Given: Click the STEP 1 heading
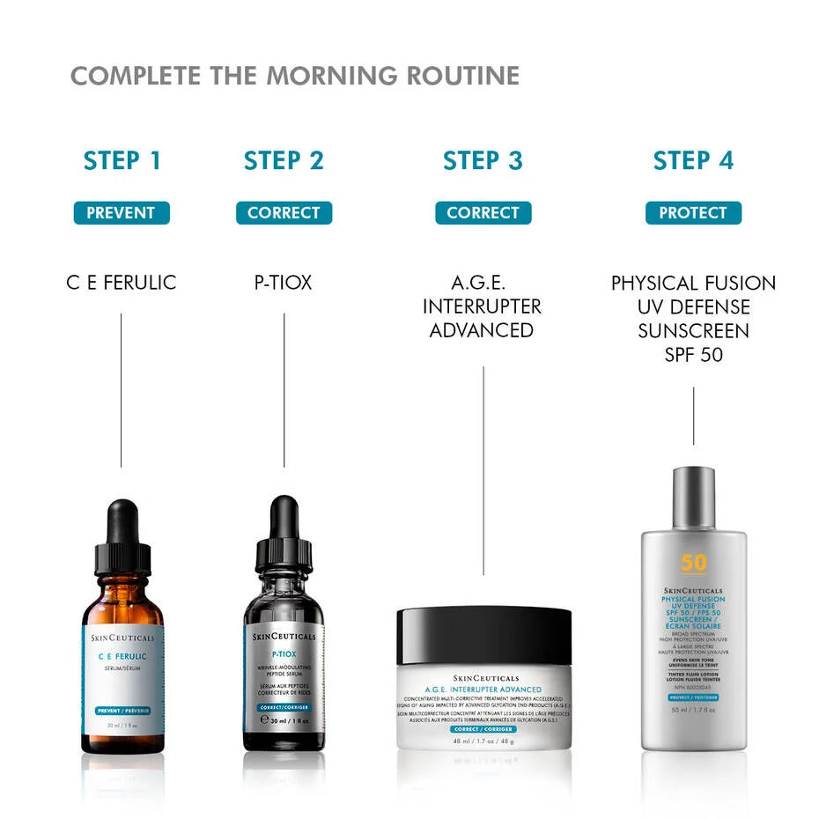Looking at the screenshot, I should (x=122, y=161).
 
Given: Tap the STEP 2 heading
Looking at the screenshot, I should (x=284, y=161).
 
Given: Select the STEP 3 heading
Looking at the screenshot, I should (x=483, y=161).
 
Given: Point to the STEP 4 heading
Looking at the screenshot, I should (x=693, y=161).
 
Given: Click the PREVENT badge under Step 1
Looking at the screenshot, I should (x=122, y=213).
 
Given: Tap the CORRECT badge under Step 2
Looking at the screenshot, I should (x=284, y=213).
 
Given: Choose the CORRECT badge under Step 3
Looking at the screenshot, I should (x=483, y=213).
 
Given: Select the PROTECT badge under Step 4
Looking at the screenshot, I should (x=693, y=213).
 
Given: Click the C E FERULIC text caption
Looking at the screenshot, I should (x=122, y=284).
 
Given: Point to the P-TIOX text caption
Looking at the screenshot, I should (x=284, y=284).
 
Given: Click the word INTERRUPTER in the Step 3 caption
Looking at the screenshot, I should (x=482, y=306).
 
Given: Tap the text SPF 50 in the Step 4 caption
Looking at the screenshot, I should (x=693, y=354).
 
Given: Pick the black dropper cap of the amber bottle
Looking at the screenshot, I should (x=123, y=537).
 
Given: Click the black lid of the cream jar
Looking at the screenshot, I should (x=483, y=634).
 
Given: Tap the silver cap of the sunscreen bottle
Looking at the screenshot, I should (x=693, y=498).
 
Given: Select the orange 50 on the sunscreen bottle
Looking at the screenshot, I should (x=693, y=563).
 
